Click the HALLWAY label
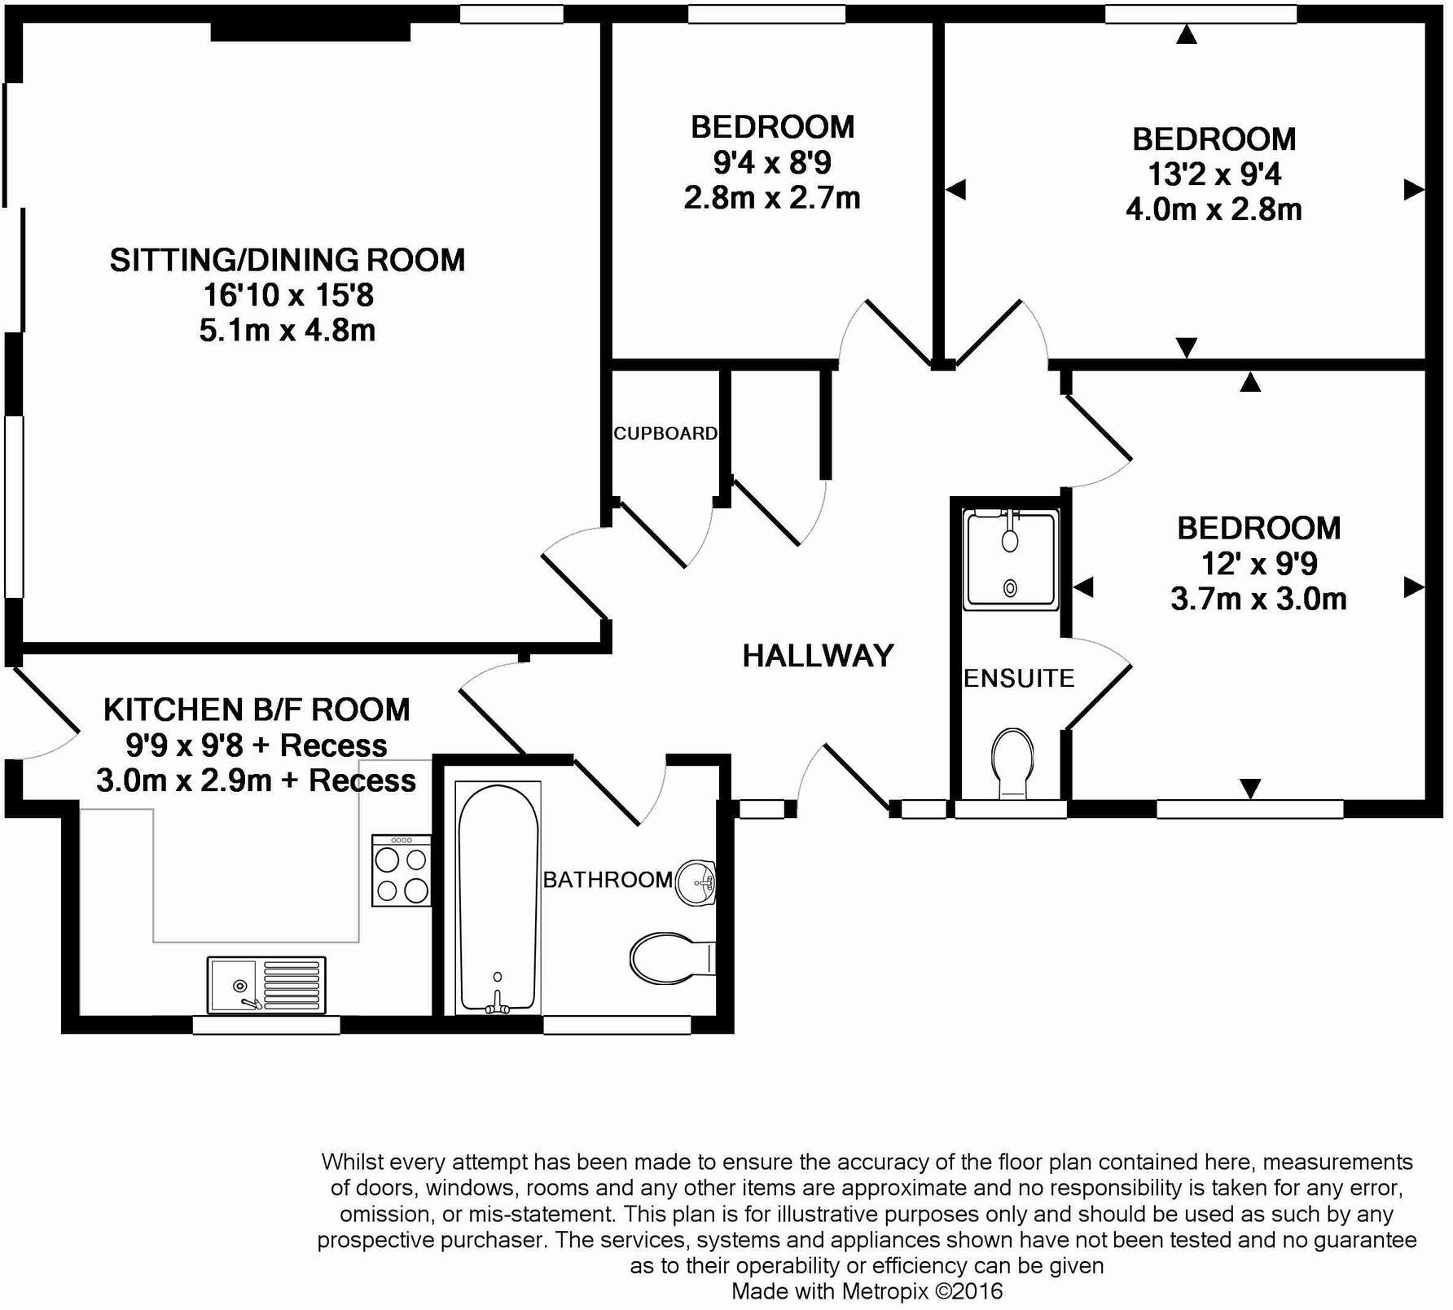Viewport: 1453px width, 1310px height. click(818, 656)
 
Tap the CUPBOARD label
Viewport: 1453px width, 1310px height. click(665, 433)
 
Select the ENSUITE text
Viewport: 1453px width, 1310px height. click(1019, 678)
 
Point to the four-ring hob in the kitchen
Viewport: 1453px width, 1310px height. click(401, 870)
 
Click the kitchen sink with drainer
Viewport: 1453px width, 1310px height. click(266, 985)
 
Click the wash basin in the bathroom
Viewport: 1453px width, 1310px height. click(696, 882)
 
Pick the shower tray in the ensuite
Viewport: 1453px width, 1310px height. click(1011, 560)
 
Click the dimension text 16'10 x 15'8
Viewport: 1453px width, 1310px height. click(288, 295)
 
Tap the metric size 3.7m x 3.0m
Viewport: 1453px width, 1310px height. click(1258, 599)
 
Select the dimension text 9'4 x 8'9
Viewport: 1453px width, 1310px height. click(772, 163)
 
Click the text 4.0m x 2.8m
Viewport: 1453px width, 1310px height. click(1214, 209)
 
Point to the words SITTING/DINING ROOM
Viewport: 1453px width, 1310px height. click(288, 260)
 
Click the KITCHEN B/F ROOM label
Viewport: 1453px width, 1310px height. click(257, 710)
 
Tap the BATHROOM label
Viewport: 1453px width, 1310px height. click(608, 880)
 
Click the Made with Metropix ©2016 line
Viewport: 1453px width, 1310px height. click(867, 1290)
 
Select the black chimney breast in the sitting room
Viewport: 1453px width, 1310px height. click(310, 30)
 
